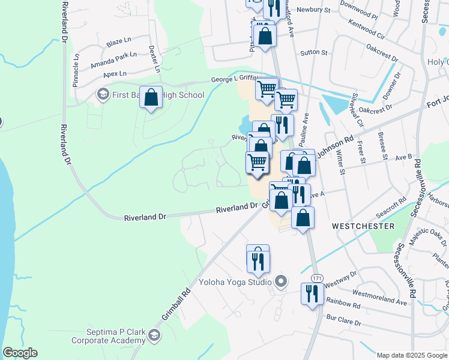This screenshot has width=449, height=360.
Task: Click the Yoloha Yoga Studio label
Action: [x=235, y=281]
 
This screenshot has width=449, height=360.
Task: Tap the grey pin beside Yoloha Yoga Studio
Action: [x=280, y=281]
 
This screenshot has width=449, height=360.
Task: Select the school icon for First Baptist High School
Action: [x=102, y=95]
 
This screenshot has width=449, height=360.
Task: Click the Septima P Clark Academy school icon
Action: [x=155, y=335]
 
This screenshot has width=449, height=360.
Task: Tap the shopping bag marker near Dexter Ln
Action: [x=151, y=97]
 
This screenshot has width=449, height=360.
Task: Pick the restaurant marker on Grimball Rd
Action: [x=258, y=260]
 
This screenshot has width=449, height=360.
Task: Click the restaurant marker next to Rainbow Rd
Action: [x=312, y=293]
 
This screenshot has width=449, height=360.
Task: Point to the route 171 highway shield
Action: [x=318, y=278]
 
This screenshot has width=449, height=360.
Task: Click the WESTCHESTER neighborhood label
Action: [x=363, y=226]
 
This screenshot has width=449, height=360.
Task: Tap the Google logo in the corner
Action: [x=20, y=353]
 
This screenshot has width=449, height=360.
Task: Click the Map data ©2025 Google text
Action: [x=412, y=355]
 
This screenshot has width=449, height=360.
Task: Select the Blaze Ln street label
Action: [x=118, y=43]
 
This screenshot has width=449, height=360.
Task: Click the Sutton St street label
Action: [x=314, y=53]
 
